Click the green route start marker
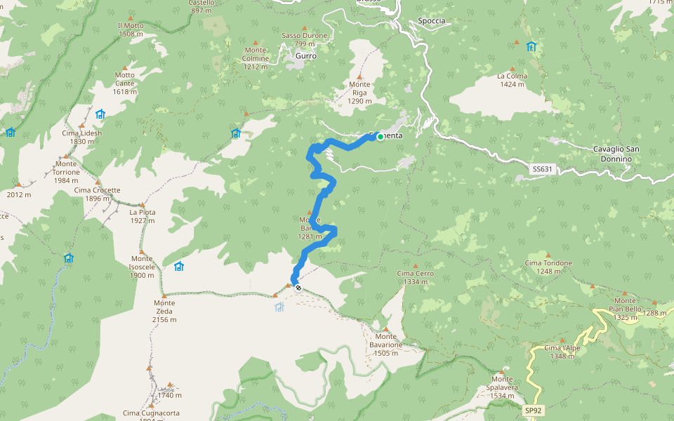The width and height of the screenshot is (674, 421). click(x=380, y=137)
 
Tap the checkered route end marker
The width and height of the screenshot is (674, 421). click(x=298, y=287)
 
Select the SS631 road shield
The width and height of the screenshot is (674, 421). click(x=542, y=169)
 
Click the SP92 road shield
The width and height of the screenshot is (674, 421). click(x=534, y=410)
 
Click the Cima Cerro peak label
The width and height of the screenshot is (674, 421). click(x=416, y=277)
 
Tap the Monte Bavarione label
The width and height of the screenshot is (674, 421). click(x=386, y=349)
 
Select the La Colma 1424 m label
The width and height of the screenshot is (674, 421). click(x=512, y=80)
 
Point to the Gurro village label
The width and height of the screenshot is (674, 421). click(x=306, y=55)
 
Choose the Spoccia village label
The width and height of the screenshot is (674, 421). click(x=431, y=20)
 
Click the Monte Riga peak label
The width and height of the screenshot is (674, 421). click(x=359, y=92)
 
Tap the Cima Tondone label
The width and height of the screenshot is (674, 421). click(x=548, y=267)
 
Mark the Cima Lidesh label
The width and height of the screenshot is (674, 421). click(x=81, y=137)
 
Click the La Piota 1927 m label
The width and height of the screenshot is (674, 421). click(x=142, y=216)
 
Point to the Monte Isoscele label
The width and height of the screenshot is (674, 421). click(x=142, y=271)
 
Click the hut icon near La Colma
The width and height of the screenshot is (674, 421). click(x=531, y=47)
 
